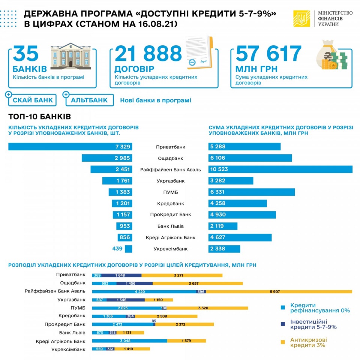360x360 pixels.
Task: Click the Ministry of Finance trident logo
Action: pos(301,18)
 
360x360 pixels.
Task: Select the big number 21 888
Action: pos(148,54)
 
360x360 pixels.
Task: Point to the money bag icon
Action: pos(331,55)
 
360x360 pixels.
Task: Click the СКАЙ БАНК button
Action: pos(32,100)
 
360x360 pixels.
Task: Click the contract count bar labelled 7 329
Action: pos(70,147)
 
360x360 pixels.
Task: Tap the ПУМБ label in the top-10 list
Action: pos(170,192)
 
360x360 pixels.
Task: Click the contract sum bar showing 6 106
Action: pos(250,158)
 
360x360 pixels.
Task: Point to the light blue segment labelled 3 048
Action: pos(129,341)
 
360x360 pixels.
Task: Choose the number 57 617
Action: pos(268,54)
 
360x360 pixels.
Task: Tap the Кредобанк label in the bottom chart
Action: pos(75,316)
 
